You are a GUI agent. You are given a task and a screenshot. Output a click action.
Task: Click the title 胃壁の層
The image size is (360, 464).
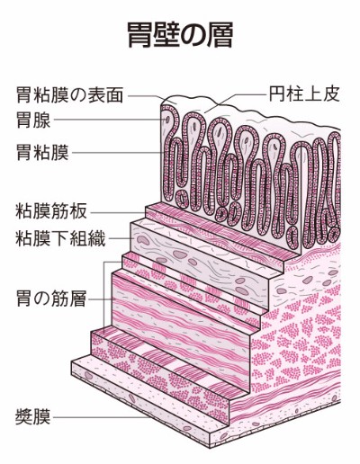pyautogui.click(x=180, y=34)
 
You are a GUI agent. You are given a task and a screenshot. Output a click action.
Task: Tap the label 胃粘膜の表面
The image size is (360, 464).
pyautogui.click(x=69, y=95)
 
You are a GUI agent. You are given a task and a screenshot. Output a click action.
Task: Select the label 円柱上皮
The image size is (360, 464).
pyautogui.click(x=304, y=94)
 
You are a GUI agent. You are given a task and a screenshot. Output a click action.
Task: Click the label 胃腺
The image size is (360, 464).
pyautogui.click(x=33, y=120)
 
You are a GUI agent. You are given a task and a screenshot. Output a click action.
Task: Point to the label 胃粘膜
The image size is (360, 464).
pyautogui.click(x=42, y=152)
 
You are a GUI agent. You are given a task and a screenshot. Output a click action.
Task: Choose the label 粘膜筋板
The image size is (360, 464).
pyautogui.click(x=51, y=211)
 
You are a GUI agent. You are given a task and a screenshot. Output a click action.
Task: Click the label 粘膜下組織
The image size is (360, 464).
pyautogui.click(x=60, y=238)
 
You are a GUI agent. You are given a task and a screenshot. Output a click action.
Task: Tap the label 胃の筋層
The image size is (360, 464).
pyautogui.click(x=51, y=299)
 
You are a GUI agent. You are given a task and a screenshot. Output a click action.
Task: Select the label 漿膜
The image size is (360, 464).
pyautogui.click(x=33, y=417)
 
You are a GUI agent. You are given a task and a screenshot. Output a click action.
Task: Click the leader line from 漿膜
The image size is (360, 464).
pyautogui.click(x=101, y=417)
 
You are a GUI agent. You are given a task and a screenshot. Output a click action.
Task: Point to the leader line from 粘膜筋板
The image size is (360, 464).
pyautogui.click(x=118, y=213)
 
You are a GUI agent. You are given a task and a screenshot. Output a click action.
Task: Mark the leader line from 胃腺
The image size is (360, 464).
pyautogui.click(x=110, y=120)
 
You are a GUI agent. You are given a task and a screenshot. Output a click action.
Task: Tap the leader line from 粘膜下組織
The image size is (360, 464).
pyautogui.click(x=121, y=239)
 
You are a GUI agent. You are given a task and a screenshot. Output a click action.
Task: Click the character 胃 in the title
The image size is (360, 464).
pyautogui.click(x=139, y=34)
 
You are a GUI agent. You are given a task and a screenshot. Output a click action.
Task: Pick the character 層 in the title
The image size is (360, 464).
pyautogui.click(x=221, y=34)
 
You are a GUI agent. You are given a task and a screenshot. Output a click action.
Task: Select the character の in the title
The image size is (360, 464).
pyautogui.click(x=194, y=35)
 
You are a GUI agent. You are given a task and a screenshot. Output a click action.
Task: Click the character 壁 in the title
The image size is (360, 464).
pyautogui.click(x=166, y=34)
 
